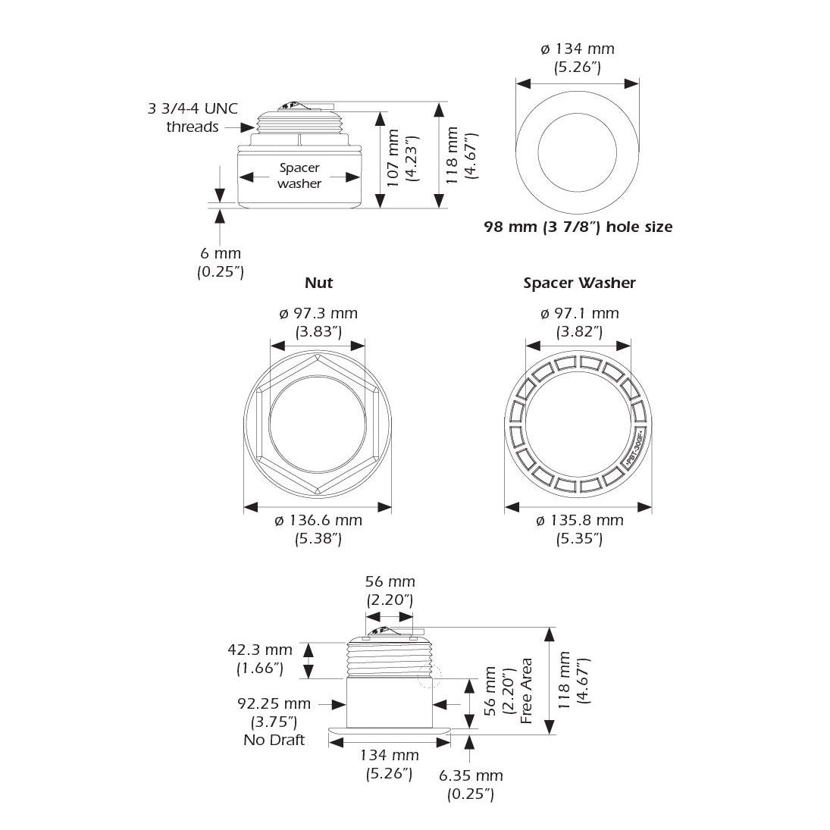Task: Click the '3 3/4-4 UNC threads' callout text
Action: click(193, 117)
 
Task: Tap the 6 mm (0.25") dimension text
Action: click(220, 262)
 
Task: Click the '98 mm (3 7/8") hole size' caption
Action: click(578, 227)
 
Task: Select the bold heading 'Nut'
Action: click(318, 283)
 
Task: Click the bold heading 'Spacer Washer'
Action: click(579, 283)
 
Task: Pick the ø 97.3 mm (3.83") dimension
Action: click(318, 321)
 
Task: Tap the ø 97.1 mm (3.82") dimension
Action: click(579, 321)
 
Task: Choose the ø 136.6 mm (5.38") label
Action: click(318, 529)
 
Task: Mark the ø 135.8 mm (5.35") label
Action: click(579, 529)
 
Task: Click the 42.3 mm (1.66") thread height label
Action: click(259, 659)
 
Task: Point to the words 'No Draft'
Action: click(274, 740)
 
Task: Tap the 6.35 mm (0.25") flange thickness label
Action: click(470, 785)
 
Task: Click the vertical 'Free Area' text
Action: click(527, 691)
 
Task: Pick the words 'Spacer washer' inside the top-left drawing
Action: click(299, 175)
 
